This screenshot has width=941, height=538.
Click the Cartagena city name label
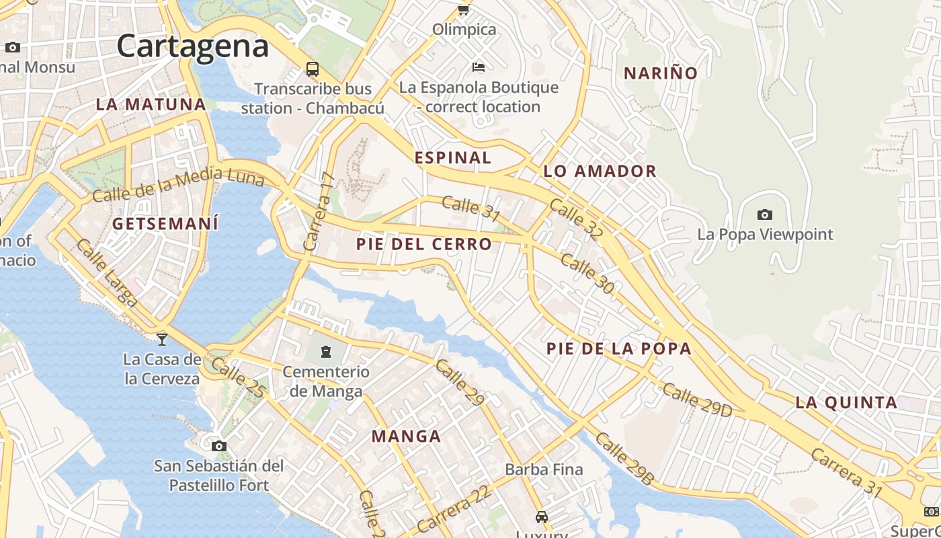193,46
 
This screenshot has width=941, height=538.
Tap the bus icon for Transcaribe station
313,69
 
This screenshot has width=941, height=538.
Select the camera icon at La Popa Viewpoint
764,215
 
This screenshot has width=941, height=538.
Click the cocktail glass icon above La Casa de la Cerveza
162,339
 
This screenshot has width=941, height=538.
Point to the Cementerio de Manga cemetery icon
326,351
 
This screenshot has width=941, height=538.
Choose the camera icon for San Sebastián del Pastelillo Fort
218,446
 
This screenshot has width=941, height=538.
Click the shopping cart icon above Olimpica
463,9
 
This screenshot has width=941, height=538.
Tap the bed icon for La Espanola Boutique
479,67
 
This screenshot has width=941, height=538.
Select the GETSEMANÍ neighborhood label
165,224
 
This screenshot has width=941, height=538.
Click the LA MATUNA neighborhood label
151,104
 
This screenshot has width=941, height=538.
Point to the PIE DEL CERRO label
424,244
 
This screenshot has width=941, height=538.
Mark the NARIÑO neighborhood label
661,73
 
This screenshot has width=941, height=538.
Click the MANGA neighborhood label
406,436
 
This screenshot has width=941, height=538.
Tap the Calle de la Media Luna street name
178,185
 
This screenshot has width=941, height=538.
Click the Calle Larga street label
106,272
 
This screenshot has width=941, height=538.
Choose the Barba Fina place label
544,469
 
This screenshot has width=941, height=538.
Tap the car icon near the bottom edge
541,517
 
